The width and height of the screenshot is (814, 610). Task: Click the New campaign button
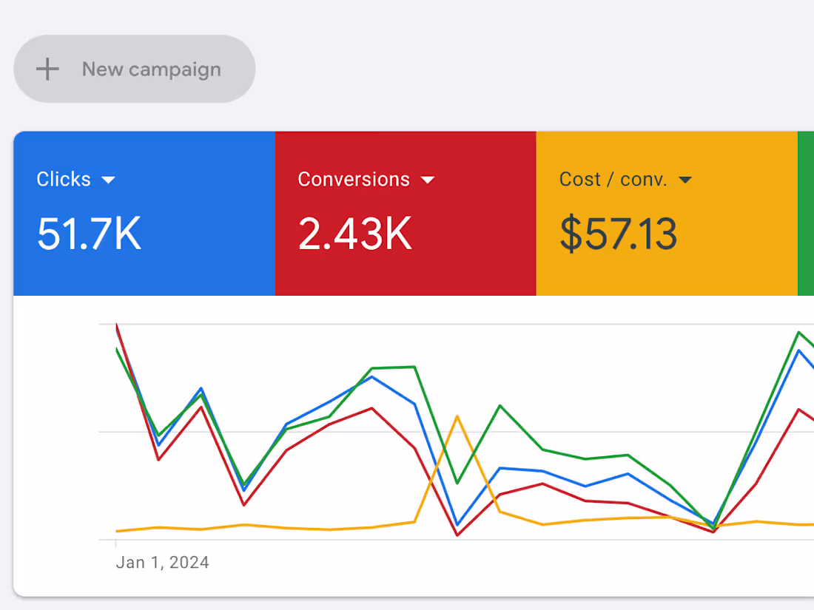coord(135,69)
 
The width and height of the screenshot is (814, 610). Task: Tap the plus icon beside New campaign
coord(48,70)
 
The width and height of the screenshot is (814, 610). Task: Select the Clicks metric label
coord(64,180)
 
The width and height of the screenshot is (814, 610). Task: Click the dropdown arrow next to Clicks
coord(109,180)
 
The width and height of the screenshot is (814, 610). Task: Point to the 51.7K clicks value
coord(89,234)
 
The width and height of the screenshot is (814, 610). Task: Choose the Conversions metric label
coord(354,180)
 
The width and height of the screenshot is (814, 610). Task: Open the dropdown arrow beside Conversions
coord(428,180)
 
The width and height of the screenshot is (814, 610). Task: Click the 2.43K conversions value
coord(354,234)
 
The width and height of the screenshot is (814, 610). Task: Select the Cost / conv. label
coord(613,180)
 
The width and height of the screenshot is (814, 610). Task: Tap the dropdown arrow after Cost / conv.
coord(685,180)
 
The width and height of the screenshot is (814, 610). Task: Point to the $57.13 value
coord(618,234)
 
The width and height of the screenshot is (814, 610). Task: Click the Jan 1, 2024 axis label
coord(162,563)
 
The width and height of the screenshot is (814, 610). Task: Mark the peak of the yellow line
coord(457,416)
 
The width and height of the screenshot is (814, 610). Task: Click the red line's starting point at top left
coord(117,325)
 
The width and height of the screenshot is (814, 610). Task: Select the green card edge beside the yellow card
coord(806,214)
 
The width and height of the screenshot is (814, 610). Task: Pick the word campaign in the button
coord(176,70)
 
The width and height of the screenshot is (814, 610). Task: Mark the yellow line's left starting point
coord(117,531)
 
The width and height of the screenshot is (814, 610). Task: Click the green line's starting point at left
coord(117,348)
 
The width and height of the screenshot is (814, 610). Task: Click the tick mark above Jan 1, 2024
coord(116,544)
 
